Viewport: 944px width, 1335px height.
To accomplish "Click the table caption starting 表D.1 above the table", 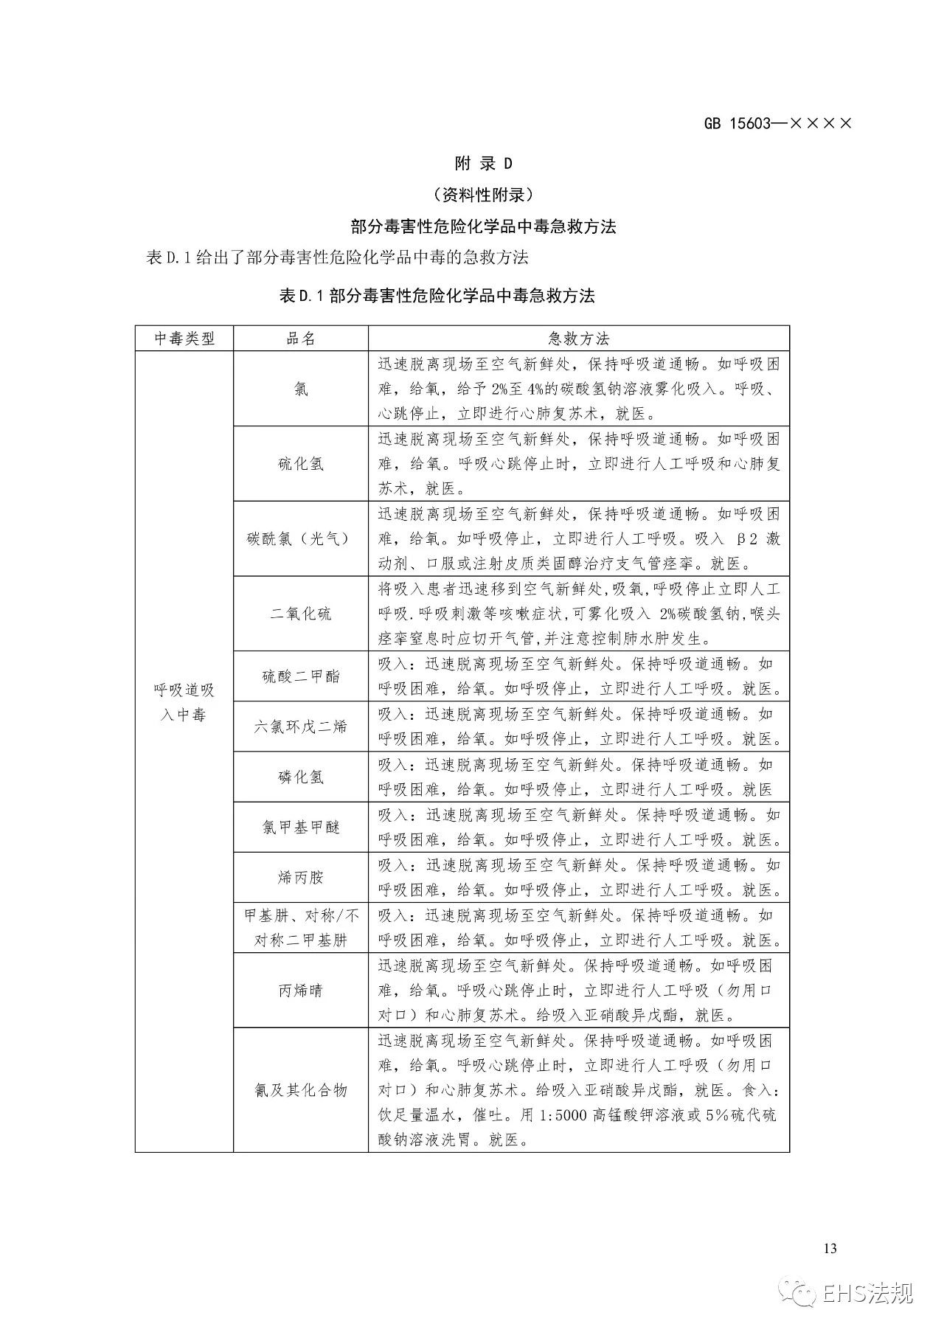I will [437, 296].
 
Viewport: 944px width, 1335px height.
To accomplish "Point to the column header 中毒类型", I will [184, 339].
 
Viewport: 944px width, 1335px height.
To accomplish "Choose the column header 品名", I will [301, 339].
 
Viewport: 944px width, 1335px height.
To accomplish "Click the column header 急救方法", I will [579, 339].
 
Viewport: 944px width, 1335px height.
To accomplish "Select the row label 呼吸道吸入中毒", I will [184, 702].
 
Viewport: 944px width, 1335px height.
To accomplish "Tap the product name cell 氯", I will [301, 389].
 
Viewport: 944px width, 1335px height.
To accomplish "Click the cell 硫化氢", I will [301, 464].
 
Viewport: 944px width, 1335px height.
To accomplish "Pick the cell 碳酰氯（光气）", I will [301, 539].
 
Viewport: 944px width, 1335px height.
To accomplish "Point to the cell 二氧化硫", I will [301, 614].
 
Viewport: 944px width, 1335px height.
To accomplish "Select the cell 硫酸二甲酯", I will [301, 676].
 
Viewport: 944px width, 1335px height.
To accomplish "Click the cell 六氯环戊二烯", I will [301, 727].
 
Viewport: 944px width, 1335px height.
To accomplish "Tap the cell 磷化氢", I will [301, 777].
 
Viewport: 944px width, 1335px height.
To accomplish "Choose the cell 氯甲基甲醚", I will [301, 827].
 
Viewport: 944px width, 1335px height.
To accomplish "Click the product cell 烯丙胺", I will [301, 877].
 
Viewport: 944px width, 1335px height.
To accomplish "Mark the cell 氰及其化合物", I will [301, 1090].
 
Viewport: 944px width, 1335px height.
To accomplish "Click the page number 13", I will [830, 1249].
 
